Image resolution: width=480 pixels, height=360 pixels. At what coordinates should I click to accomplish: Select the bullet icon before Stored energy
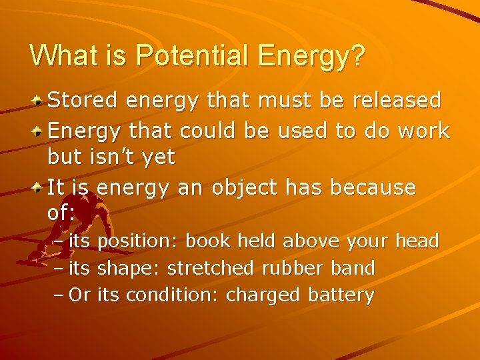pos(39,101)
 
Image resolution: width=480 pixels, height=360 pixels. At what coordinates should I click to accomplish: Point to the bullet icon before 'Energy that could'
pos(39,130)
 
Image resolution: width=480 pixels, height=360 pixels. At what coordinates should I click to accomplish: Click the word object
pos(247,187)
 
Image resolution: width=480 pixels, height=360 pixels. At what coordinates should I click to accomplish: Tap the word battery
pos(341,295)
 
